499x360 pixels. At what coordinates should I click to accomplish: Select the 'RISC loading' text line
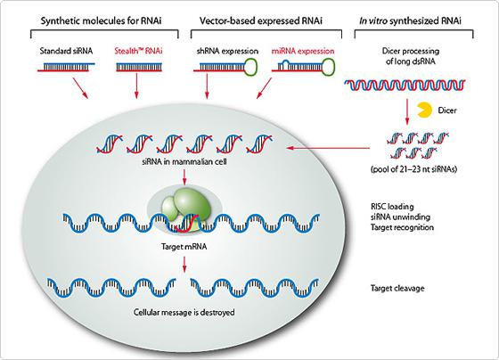tap(390, 204)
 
